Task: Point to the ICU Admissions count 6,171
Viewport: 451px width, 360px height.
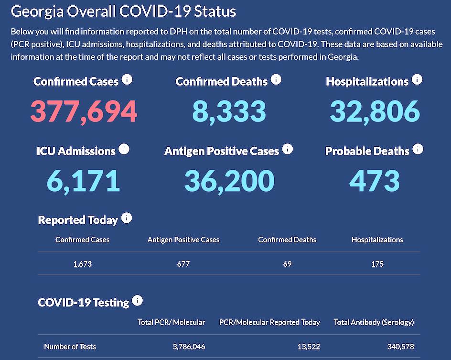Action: pyautogui.click(x=84, y=180)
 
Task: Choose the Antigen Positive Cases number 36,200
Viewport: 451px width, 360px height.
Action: pyautogui.click(x=229, y=180)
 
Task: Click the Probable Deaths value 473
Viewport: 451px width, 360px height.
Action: pyautogui.click(x=375, y=180)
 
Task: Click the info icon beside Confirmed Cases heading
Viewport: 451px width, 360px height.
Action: pyautogui.click(x=127, y=79)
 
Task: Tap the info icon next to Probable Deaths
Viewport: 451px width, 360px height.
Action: pyautogui.click(x=418, y=149)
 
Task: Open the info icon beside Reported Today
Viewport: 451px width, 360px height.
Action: pyautogui.click(x=126, y=218)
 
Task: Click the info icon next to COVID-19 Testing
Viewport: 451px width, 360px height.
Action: pyautogui.click(x=138, y=301)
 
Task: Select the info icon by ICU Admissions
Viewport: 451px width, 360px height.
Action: pyautogui.click(x=124, y=149)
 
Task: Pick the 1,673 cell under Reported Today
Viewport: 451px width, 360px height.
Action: pyautogui.click(x=82, y=263)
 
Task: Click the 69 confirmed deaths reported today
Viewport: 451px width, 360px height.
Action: pyautogui.click(x=287, y=263)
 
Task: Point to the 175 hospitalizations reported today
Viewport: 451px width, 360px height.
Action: pyautogui.click(x=377, y=263)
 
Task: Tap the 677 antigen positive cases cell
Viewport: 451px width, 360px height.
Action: pyautogui.click(x=183, y=263)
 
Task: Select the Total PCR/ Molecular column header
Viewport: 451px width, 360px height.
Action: pyautogui.click(x=172, y=322)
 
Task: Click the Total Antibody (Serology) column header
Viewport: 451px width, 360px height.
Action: pyautogui.click(x=374, y=322)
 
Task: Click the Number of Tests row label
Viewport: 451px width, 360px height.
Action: pyautogui.click(x=70, y=347)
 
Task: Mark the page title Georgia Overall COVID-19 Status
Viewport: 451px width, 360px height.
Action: pyautogui.click(x=123, y=11)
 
